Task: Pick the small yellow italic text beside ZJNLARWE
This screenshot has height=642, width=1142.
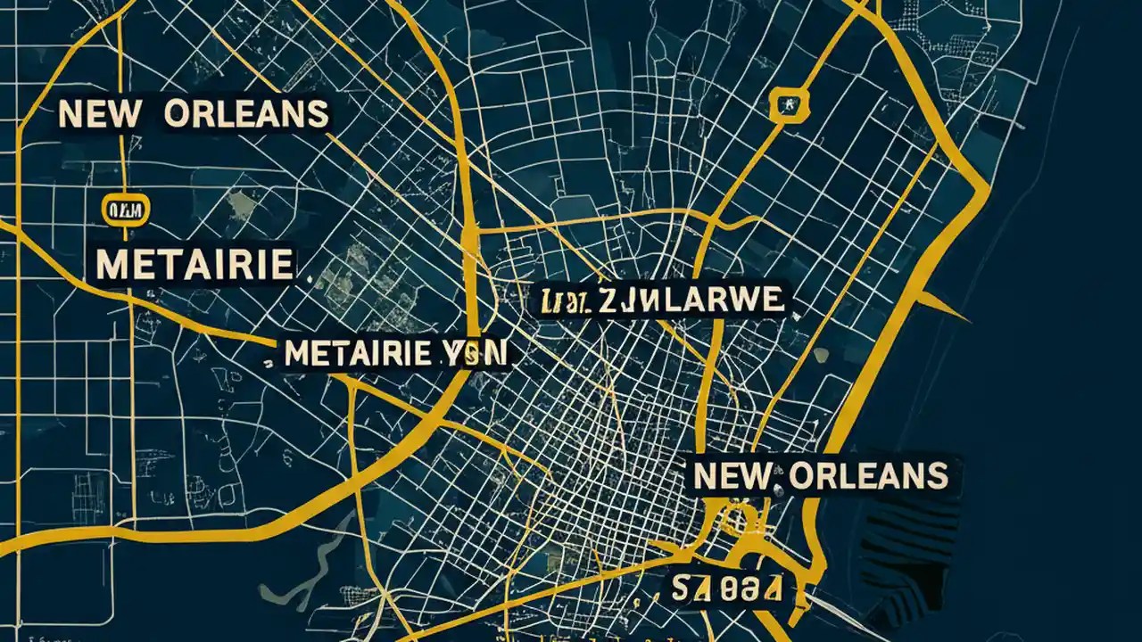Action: pos(563,302)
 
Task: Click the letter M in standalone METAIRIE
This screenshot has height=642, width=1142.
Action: pos(111,264)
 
